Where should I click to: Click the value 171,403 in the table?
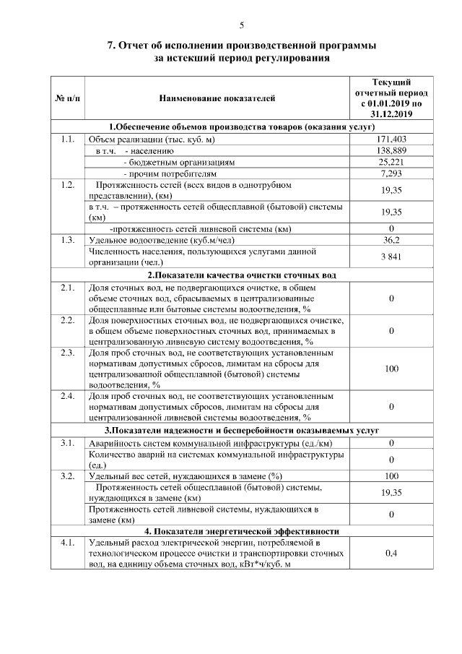(x=392, y=139)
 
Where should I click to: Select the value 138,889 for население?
(x=392, y=150)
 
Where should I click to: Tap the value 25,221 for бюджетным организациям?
(x=392, y=162)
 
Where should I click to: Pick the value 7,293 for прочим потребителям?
(x=392, y=173)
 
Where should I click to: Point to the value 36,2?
(x=392, y=239)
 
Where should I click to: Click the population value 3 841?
(x=392, y=257)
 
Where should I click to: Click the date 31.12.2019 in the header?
(x=392, y=114)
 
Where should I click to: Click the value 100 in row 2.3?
(x=392, y=369)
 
